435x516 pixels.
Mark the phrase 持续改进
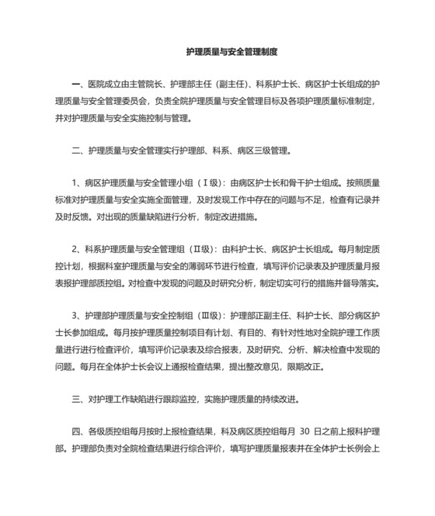(277, 400)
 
